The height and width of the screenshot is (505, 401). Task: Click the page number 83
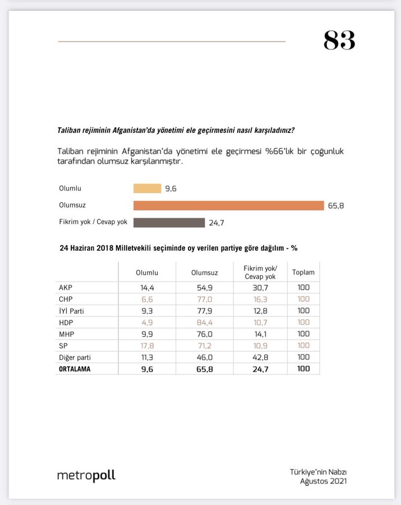click(x=339, y=40)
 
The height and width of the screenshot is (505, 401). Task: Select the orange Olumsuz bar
click(x=228, y=205)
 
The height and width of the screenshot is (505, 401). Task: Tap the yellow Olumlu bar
click(x=147, y=189)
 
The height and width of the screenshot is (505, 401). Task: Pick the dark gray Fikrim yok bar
click(x=169, y=222)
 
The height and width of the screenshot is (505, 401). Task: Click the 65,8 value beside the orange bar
click(x=336, y=206)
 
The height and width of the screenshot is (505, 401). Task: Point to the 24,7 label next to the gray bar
click(x=216, y=223)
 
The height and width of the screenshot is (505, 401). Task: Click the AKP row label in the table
click(x=66, y=288)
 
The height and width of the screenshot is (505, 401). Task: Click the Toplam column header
click(x=303, y=273)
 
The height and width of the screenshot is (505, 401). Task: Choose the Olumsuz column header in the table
click(x=204, y=273)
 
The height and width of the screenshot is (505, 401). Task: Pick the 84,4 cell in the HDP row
click(x=204, y=323)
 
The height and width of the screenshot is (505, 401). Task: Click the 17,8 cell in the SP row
click(x=147, y=346)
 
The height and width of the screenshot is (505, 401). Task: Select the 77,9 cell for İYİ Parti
click(x=204, y=311)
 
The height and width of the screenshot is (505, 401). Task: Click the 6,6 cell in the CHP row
click(x=147, y=300)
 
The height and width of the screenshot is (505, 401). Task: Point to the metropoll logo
click(x=86, y=475)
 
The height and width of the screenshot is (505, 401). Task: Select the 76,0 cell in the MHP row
click(x=204, y=334)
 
